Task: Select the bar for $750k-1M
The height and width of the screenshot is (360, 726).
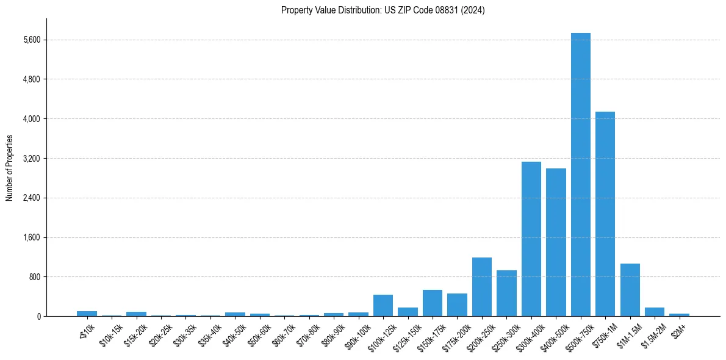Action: click(x=605, y=214)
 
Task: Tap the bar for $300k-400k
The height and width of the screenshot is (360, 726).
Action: click(x=531, y=239)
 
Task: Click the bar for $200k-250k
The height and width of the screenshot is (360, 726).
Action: click(x=481, y=287)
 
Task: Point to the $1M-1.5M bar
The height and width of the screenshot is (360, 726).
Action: click(x=630, y=290)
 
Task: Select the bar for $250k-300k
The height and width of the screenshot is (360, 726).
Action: click(x=506, y=293)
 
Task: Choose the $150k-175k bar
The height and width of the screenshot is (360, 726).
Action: click(x=432, y=303)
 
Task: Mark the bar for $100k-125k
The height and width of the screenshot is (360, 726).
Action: click(x=383, y=305)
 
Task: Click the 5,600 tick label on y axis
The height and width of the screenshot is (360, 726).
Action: click(x=31, y=40)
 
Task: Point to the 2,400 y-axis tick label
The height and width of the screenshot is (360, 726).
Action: click(x=31, y=198)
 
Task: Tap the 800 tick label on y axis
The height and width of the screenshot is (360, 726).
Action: click(x=34, y=277)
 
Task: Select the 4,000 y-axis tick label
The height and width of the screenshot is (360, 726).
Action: click(x=31, y=119)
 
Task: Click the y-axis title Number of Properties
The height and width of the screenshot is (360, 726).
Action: click(x=9, y=168)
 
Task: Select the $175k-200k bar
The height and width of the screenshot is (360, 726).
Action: click(x=457, y=304)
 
